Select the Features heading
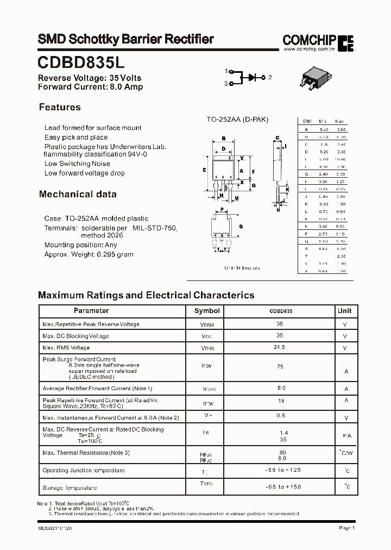60,108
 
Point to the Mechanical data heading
77,194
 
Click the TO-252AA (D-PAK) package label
237,120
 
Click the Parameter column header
91,311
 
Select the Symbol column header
207,311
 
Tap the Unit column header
344,311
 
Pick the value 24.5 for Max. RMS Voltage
280,347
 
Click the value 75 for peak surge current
280,367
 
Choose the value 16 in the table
280,400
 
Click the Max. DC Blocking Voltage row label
75,336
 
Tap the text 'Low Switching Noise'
77,164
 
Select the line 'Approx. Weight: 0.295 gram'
89,254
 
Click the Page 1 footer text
346,528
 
